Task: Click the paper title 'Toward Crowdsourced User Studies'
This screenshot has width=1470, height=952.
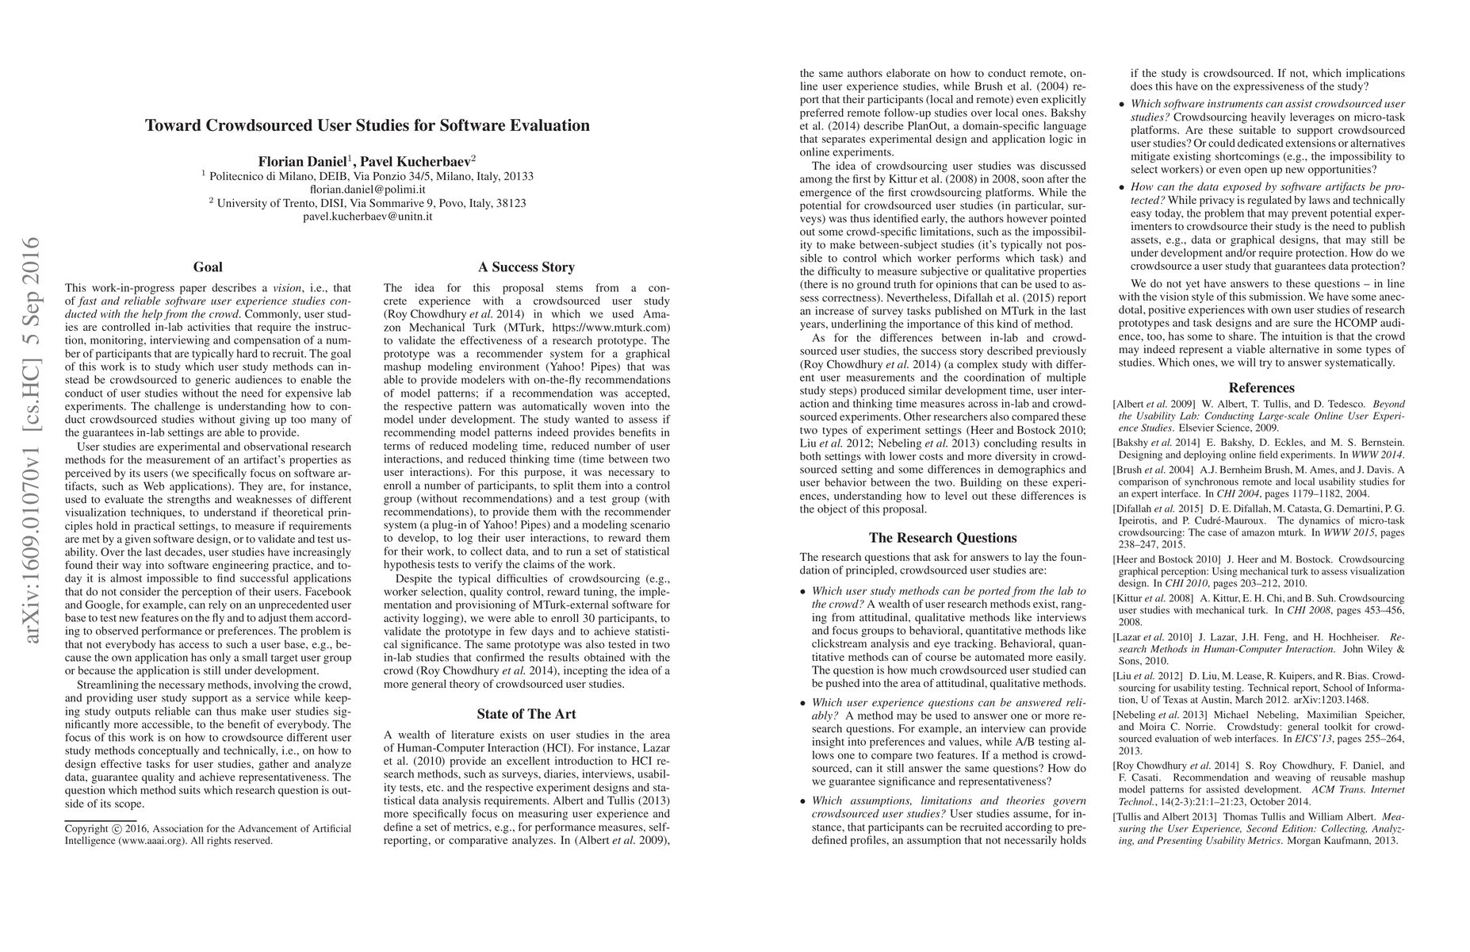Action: coord(367,125)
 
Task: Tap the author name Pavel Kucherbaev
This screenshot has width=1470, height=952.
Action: coord(415,161)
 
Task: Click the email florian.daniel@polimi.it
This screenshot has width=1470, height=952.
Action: coord(367,190)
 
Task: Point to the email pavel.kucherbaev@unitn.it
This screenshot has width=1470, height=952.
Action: coord(367,216)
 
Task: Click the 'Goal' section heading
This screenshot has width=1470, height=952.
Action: coord(208,267)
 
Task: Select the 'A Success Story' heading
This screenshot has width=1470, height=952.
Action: coord(526,267)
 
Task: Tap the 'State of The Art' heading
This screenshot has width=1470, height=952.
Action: coord(526,714)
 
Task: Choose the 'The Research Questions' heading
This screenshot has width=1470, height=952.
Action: coord(943,538)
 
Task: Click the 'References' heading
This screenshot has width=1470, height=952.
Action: coord(1261,388)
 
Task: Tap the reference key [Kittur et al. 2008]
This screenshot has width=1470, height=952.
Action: coord(1154,598)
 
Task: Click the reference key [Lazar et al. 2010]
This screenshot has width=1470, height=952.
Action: coord(1153,637)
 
